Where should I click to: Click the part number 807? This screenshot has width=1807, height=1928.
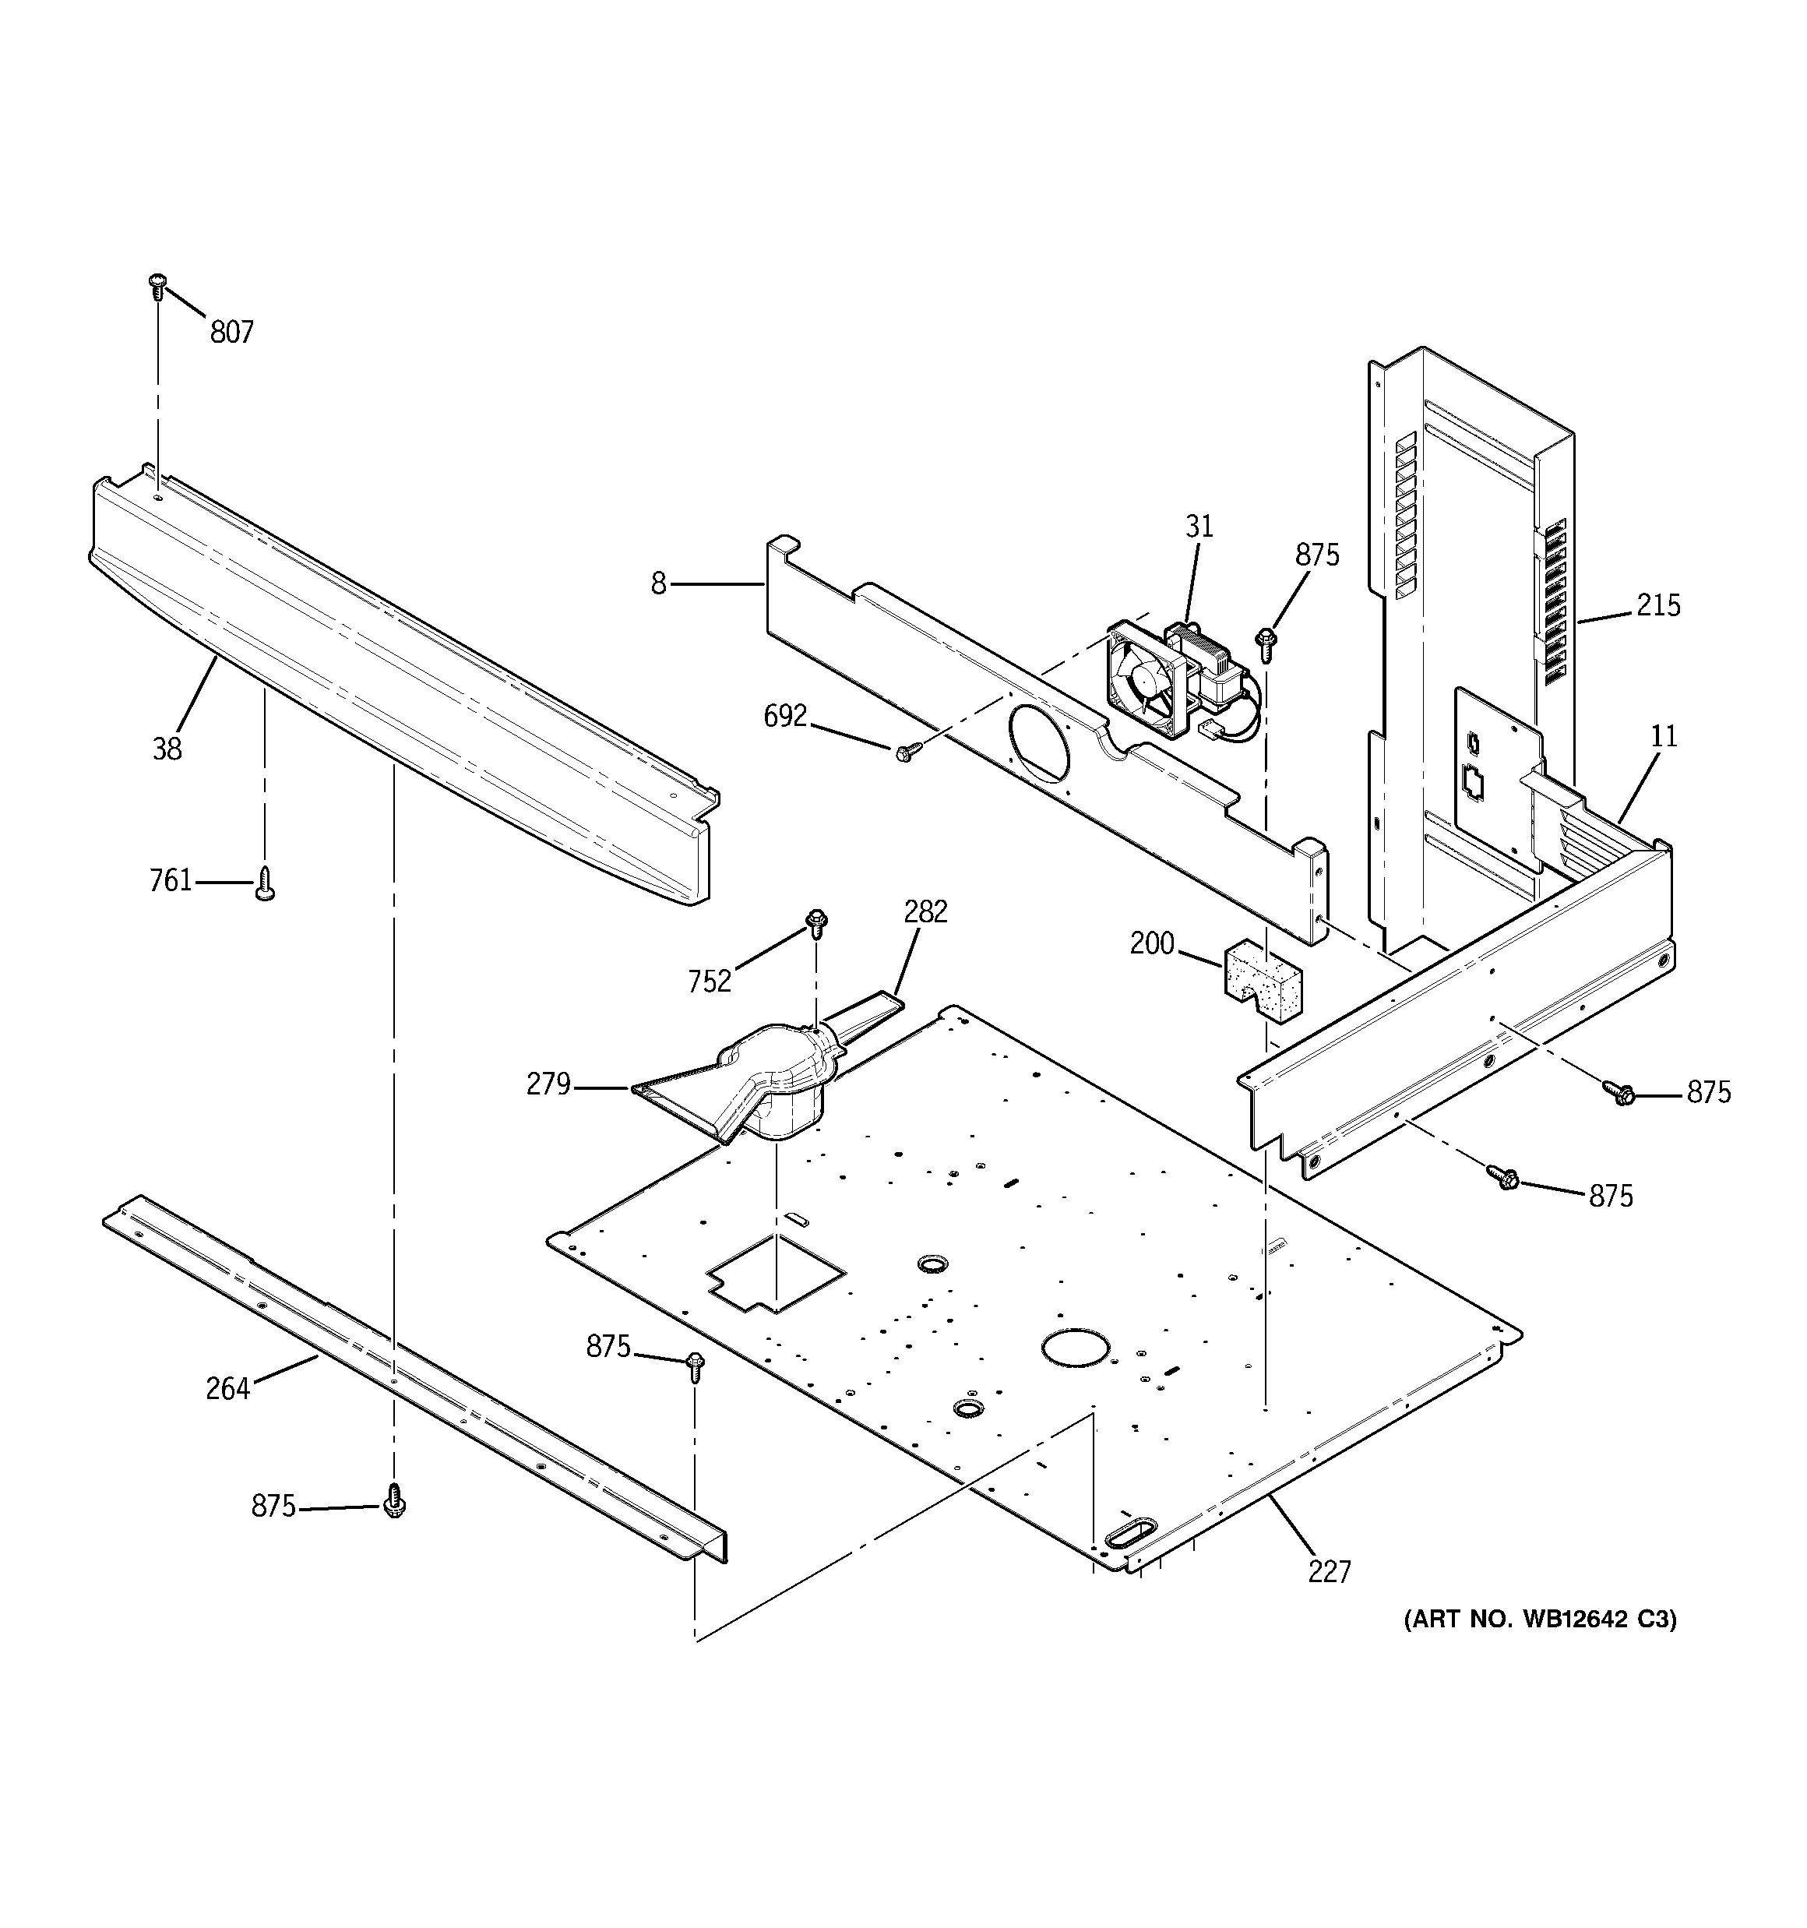[232, 333]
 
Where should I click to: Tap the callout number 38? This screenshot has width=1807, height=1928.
[167, 749]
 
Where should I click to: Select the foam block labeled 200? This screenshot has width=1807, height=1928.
[1260, 981]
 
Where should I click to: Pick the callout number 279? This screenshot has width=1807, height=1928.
[548, 1084]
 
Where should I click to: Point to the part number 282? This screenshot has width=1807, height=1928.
[925, 911]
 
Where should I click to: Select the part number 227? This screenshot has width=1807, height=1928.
[1329, 1598]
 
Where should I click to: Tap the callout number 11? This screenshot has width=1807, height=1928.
[1664, 736]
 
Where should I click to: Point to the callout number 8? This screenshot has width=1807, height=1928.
[659, 583]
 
